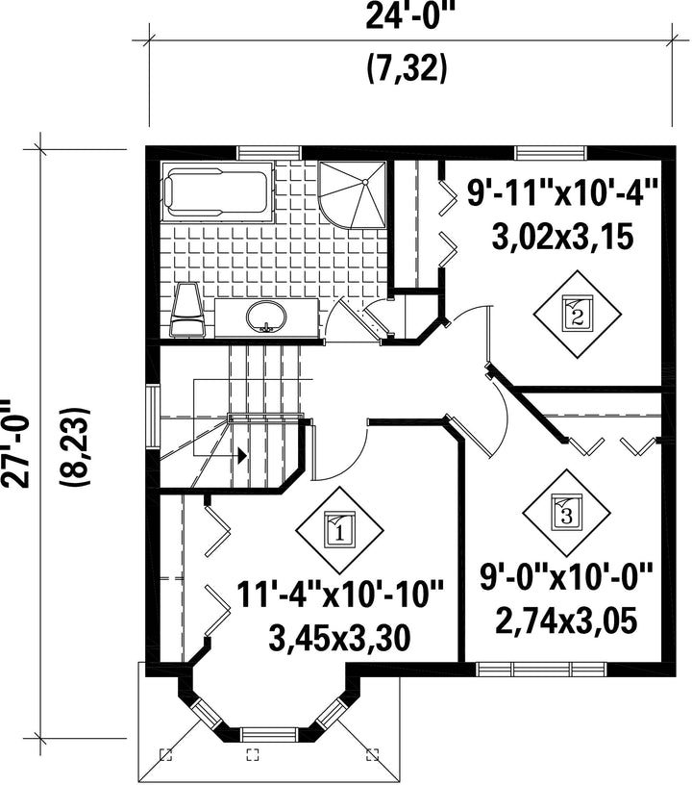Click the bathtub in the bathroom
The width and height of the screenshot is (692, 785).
(x=216, y=191)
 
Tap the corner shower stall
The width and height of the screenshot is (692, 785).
(x=353, y=194)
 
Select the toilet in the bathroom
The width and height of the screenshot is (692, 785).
(x=187, y=309)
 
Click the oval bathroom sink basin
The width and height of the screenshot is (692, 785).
(x=266, y=317)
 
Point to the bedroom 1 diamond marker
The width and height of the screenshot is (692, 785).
(x=339, y=530)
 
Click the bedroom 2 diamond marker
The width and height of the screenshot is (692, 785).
(x=577, y=314)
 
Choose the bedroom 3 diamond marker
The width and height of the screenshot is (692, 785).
(x=567, y=513)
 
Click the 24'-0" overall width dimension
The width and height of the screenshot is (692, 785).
(x=406, y=17)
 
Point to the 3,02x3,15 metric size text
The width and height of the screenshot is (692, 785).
(x=563, y=237)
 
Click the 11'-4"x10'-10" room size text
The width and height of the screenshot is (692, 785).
(x=339, y=595)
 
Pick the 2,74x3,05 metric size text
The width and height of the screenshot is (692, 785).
(x=566, y=620)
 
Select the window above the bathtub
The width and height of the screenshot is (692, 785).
(x=269, y=152)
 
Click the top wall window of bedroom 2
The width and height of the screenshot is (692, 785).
(x=550, y=152)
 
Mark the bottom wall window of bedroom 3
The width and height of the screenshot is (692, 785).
(x=540, y=670)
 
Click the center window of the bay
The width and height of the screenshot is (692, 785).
(x=270, y=734)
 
